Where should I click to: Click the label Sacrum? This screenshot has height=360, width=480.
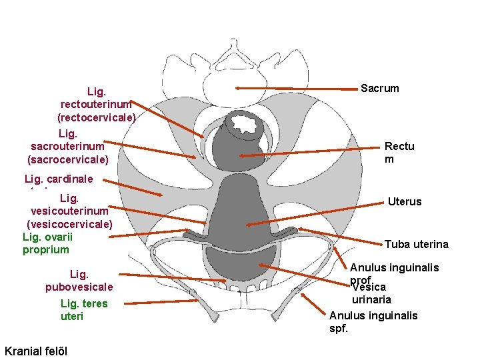379,88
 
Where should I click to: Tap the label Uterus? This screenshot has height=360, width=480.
404,201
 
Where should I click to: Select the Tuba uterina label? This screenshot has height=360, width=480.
416,245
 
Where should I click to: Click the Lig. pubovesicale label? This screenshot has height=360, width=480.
79,281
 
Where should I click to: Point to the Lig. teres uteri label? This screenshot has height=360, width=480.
83,310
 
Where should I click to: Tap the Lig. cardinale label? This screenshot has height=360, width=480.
59,179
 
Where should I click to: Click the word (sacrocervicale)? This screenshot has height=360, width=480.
67,159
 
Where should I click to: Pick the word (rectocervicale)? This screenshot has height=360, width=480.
96,117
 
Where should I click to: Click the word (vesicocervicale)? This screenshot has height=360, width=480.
69,223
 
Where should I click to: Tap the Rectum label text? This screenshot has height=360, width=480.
399,153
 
